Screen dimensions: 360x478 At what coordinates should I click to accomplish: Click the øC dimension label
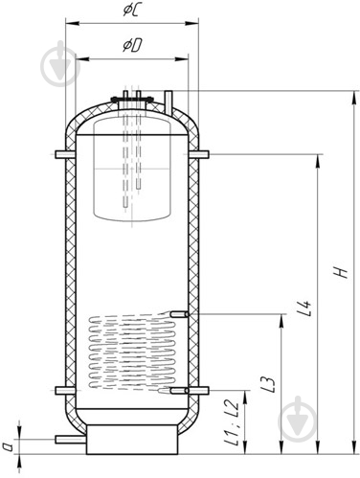[x=130, y=10]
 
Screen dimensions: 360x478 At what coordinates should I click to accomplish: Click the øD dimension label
[x=132, y=46]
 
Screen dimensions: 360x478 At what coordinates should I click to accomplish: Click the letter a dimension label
[x=10, y=446]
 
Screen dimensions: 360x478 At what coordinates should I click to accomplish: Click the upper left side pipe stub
[x=65, y=154]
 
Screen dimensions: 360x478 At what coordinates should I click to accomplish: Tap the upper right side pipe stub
[x=198, y=154]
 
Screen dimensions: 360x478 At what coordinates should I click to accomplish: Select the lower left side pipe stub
[x=65, y=391]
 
